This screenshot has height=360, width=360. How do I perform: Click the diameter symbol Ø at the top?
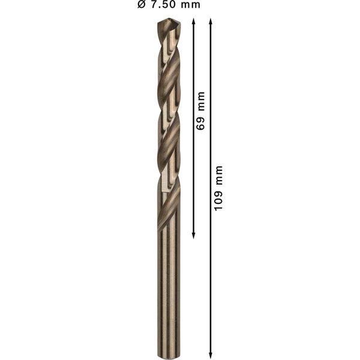(142, 5)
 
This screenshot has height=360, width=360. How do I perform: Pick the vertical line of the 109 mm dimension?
(211, 270)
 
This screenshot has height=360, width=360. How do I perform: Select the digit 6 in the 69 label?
(201, 125)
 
